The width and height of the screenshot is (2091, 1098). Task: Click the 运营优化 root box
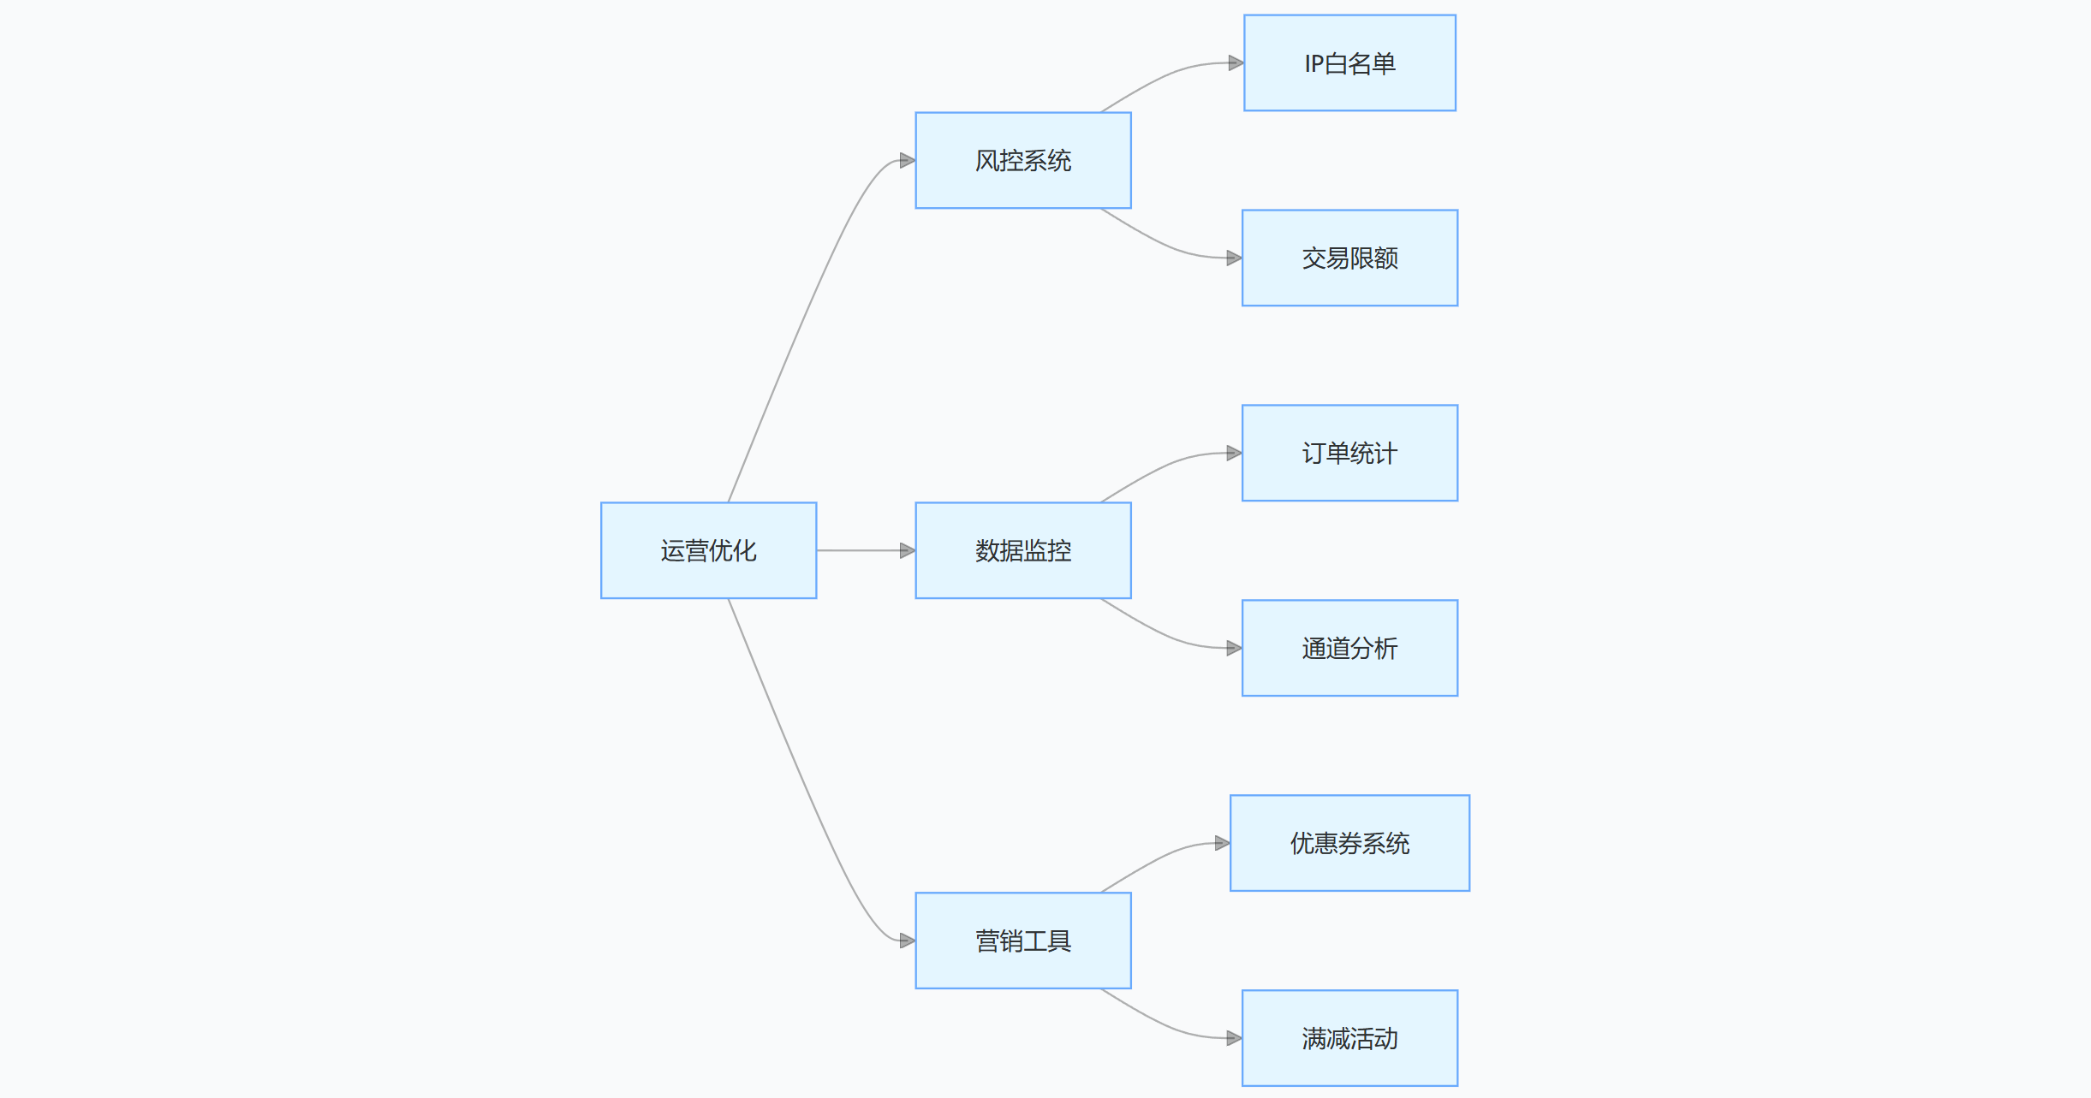coord(708,550)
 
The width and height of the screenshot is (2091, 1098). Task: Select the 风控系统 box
coord(1022,160)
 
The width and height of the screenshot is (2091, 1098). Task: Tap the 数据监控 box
coord(1022,550)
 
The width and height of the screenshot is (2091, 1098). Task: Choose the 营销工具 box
coord(1022,941)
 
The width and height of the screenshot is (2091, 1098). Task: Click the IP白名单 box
coord(1349,62)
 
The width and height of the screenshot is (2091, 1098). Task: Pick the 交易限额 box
coord(1349,258)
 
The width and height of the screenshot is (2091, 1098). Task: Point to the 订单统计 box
coord(1349,453)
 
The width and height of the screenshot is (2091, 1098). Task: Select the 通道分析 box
coord(1349,648)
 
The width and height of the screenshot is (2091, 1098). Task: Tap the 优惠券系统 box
coord(1349,843)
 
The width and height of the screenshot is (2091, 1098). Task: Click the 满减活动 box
coord(1349,1038)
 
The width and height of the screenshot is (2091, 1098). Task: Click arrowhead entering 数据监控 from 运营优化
coord(908,550)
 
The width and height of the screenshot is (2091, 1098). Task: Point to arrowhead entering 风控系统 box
coord(908,160)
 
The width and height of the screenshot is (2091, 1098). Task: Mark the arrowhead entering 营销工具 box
coord(908,941)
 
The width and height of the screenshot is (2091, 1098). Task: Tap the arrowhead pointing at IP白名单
coord(1236,62)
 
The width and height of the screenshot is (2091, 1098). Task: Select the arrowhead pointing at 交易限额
coord(1234,258)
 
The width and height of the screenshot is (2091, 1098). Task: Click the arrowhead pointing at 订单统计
coord(1234,453)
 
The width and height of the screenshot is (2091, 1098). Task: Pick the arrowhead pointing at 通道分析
coord(1234,648)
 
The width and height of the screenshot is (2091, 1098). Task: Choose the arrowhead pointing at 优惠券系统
coord(1222,843)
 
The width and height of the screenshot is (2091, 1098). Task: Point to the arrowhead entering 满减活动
coord(1234,1038)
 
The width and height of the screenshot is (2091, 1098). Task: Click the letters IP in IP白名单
coord(1314,63)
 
